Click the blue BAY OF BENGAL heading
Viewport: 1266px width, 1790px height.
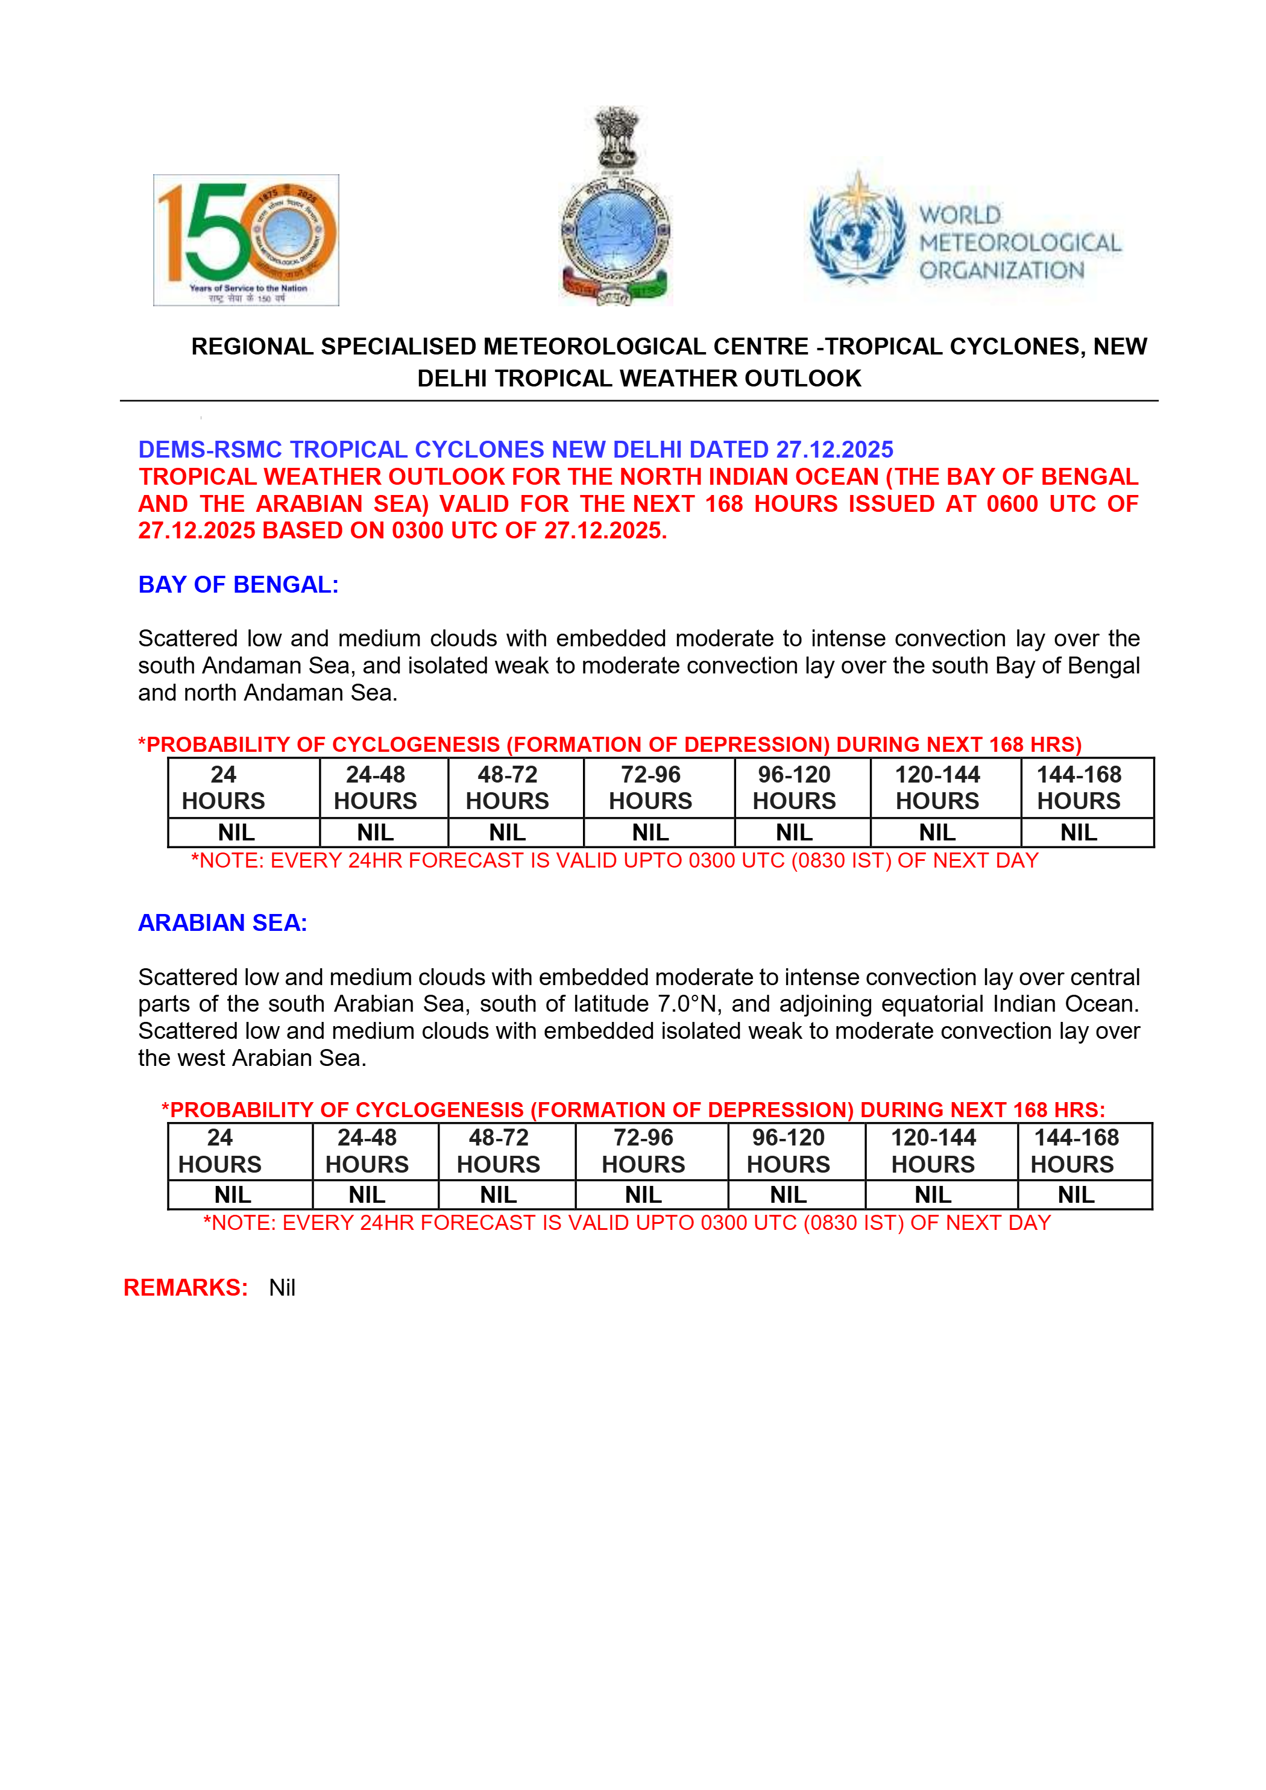[239, 585]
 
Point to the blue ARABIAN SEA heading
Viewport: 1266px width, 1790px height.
[223, 922]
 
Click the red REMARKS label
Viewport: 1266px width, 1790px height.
[186, 1287]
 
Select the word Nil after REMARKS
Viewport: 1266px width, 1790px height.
[282, 1288]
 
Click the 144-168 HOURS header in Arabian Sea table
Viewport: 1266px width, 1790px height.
[1075, 1151]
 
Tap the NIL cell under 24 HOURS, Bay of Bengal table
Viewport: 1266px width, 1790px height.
[236, 833]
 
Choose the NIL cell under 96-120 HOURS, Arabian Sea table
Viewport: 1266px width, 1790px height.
[788, 1194]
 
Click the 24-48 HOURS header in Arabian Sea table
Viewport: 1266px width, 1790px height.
[367, 1151]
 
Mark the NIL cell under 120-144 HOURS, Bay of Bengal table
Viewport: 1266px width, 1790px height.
[937, 833]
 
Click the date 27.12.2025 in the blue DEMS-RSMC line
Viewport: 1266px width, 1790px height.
[834, 450]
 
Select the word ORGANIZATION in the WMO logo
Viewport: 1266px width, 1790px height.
[1002, 271]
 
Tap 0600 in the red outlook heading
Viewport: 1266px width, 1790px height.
[1012, 503]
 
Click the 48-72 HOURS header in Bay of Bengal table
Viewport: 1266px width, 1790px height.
[508, 787]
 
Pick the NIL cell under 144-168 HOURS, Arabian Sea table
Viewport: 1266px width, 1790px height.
[1075, 1194]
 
